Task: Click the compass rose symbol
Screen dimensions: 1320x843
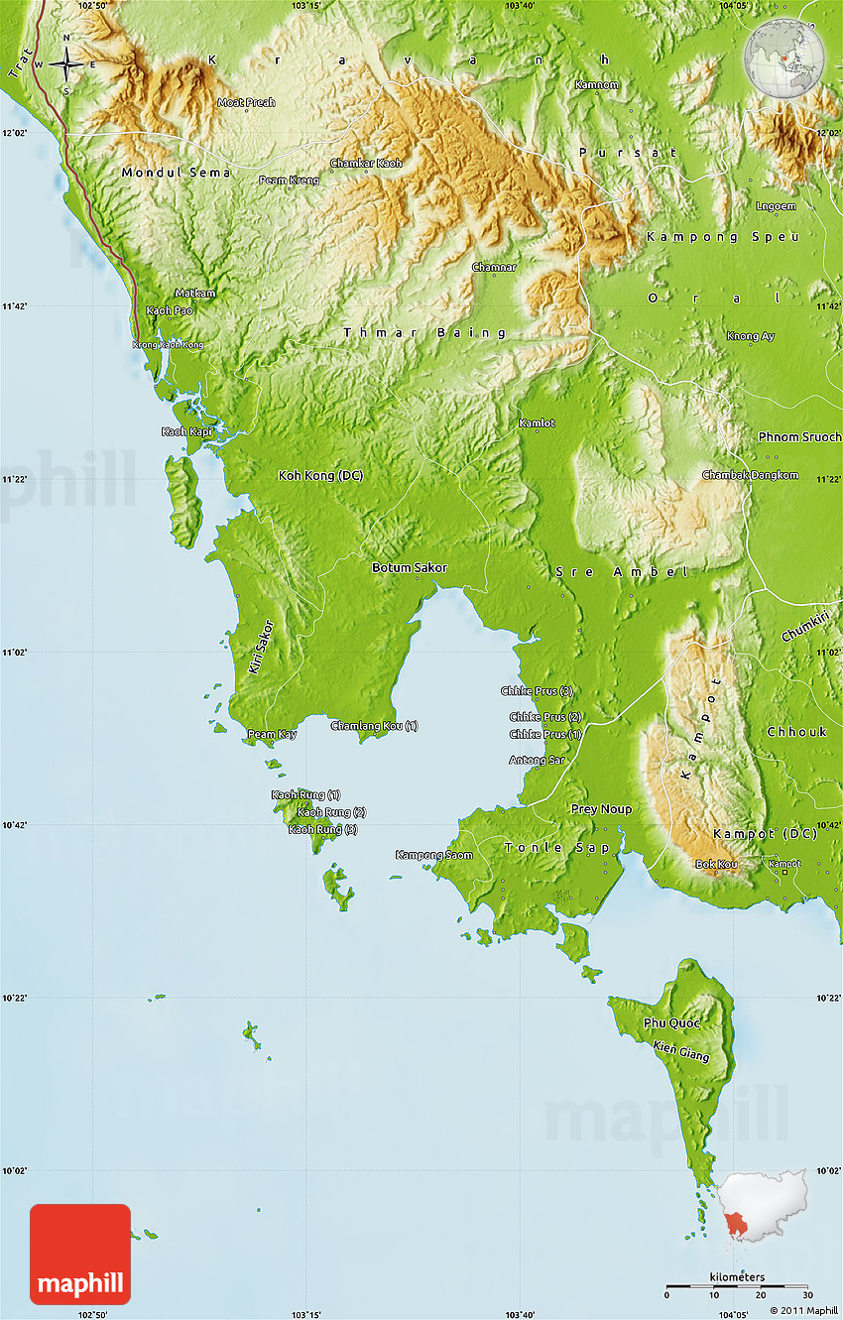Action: (x=66, y=65)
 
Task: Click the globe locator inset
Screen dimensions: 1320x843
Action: (x=783, y=57)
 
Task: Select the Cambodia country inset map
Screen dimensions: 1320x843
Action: (x=763, y=1206)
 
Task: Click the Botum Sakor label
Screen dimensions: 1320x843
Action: (x=409, y=568)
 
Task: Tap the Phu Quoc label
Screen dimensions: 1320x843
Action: (x=671, y=1022)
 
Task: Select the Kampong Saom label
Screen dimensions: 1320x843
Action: (x=433, y=855)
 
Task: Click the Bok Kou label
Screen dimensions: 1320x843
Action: (x=716, y=865)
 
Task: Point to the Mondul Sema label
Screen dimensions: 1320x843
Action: (x=176, y=173)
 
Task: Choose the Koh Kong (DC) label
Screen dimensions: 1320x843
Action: (x=319, y=476)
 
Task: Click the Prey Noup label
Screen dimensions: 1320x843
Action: (x=601, y=809)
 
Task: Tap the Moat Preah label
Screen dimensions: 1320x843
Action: (x=246, y=102)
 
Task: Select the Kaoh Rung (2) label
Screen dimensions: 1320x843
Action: (x=331, y=812)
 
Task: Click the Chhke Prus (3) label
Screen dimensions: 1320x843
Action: (x=537, y=691)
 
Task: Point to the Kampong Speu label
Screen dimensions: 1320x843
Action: (x=705, y=237)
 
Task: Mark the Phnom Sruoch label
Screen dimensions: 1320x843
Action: (x=799, y=436)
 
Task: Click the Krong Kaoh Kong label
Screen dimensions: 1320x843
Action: (x=168, y=345)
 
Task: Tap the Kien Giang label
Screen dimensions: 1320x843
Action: (x=681, y=1051)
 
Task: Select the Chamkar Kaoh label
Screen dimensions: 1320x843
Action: (x=366, y=163)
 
